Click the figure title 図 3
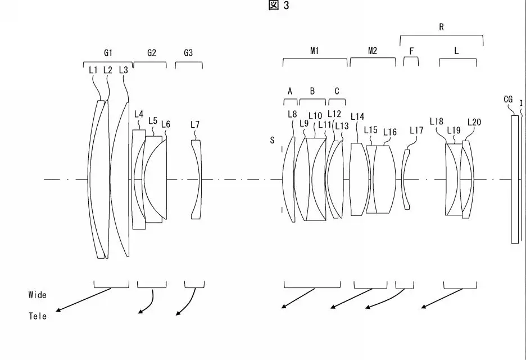click(278, 5)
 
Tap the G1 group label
click(108, 53)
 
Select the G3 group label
click(188, 53)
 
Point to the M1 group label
click(314, 51)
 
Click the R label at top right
click(441, 27)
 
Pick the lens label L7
click(195, 125)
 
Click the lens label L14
click(357, 116)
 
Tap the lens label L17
click(416, 130)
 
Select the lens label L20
click(474, 122)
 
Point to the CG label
click(508, 100)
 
